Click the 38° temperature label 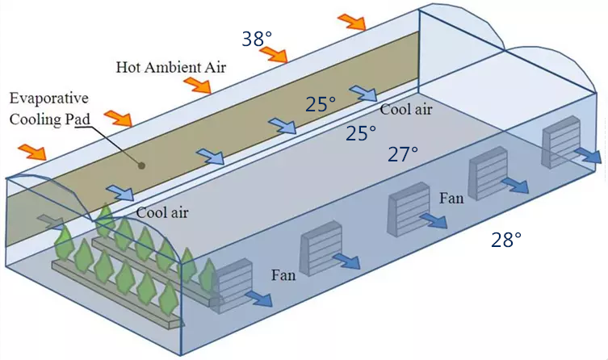tap(257, 39)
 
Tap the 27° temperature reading tap(403, 154)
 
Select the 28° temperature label tap(506, 240)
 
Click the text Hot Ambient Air tap(171, 68)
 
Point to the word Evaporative tap(49, 98)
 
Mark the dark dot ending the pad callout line tap(142, 165)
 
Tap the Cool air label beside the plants tap(162, 212)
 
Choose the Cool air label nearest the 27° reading tap(405, 109)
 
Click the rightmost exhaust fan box tap(560, 142)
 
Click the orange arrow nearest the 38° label tap(275, 55)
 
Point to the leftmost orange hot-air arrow tap(32, 152)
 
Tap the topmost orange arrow tap(352, 22)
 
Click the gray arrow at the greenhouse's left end tap(51, 222)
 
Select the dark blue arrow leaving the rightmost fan tap(588, 155)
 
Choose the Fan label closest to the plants tap(283, 275)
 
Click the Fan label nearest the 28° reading tap(451, 199)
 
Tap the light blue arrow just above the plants tap(120, 193)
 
